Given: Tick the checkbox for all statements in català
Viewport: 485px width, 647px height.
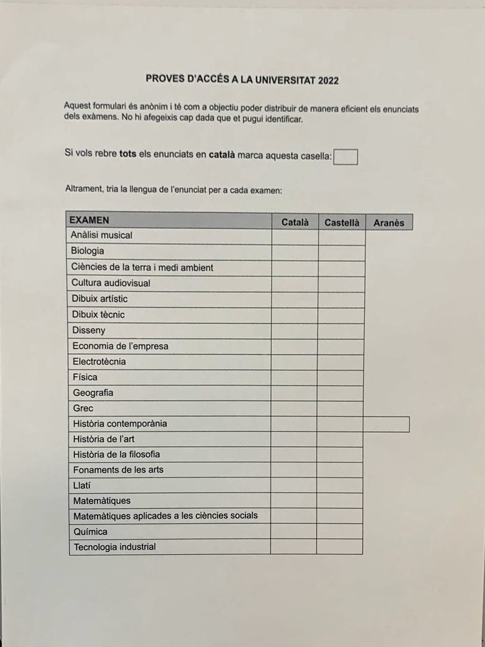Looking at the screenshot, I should coord(345,157).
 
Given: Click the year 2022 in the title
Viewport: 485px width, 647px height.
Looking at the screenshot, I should coord(328,81).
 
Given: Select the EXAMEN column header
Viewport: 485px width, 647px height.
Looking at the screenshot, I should coord(89,220).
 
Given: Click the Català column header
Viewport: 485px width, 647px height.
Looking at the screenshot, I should coord(295,222).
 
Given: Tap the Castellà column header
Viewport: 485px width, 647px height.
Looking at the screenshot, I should coord(341,222).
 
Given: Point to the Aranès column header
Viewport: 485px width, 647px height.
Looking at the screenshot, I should coord(388,222).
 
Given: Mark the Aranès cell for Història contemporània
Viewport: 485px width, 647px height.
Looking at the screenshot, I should coord(386,425).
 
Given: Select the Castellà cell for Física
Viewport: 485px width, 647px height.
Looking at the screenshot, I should coord(340,378).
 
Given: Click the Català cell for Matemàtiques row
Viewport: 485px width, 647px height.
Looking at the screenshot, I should coord(293,501).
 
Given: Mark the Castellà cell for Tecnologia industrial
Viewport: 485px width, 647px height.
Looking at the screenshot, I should coord(339,547).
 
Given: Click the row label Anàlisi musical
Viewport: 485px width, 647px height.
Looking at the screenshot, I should coord(101,235).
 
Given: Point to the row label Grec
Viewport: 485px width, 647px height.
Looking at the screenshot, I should coord(83,408).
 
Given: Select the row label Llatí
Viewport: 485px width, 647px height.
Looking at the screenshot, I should coord(82,486).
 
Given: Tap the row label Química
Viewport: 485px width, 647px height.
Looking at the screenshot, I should coord(90,532).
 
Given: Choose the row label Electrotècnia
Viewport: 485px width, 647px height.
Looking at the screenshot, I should coord(99,362).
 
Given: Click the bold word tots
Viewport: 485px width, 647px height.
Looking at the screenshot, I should coord(128,154).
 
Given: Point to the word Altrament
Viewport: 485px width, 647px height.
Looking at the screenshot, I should coord(84,189).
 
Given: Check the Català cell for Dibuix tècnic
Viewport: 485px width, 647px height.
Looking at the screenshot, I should coord(294,316).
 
